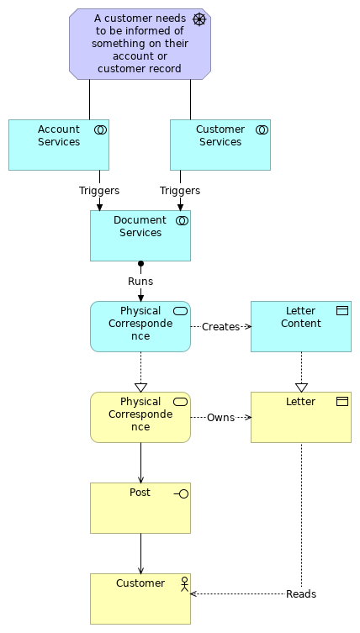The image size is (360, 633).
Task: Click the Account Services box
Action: pos(59,145)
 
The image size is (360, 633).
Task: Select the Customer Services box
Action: pos(220,145)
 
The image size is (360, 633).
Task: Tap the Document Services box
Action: pos(140,235)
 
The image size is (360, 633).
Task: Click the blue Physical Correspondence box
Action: pos(140,326)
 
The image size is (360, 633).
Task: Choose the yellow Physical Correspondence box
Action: pos(140,417)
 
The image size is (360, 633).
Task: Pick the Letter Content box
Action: pos(301,326)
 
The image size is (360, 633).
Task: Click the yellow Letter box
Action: pos(301,417)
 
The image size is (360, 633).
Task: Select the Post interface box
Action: pos(140,508)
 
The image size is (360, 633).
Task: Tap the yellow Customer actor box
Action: pos(140,599)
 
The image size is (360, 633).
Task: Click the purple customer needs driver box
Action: pos(140,44)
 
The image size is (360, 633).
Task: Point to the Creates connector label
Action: pos(220,326)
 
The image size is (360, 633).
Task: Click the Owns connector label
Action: pos(220,417)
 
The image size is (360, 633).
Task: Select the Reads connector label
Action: pos(301,594)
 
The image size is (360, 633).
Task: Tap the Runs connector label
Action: pos(140,282)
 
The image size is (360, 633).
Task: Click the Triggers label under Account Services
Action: pos(99,191)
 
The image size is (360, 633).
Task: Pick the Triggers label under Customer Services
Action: pos(180,191)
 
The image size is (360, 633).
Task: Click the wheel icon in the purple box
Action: pos(199,19)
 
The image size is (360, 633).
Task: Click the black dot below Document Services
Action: pos(140,264)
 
